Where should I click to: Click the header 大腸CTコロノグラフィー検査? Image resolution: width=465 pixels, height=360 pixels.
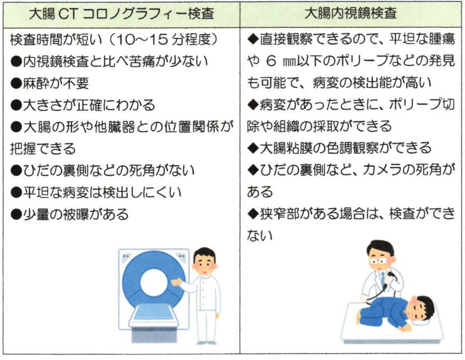121,14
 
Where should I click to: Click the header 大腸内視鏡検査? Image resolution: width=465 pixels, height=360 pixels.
351,14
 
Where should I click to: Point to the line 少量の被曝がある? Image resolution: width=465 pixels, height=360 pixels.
69,214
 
